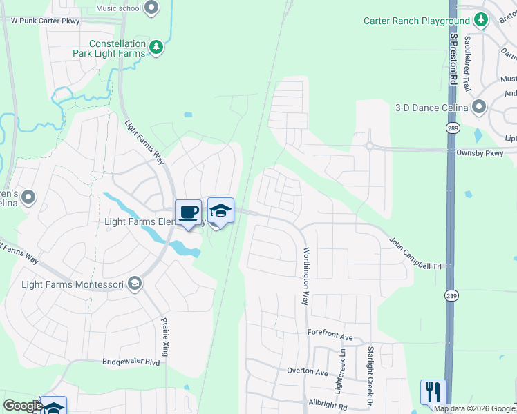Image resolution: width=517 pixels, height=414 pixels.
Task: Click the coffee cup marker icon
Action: tap(188, 212)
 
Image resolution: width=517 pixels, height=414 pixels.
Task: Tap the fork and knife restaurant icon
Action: tap(433, 392)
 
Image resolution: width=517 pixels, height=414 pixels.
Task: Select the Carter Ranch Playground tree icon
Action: tap(482, 21)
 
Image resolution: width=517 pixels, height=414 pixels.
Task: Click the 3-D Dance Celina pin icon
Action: tap(479, 108)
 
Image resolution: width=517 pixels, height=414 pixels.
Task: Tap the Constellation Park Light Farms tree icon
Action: tap(157, 47)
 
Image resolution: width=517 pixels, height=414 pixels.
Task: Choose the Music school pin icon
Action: tap(151, 8)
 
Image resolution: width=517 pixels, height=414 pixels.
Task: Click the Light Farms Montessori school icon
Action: tap(135, 284)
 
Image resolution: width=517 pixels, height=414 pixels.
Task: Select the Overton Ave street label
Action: tap(308, 371)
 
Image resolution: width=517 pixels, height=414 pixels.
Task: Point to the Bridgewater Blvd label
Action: tap(131, 362)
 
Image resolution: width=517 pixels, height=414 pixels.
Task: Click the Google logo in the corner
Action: tap(22, 406)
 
